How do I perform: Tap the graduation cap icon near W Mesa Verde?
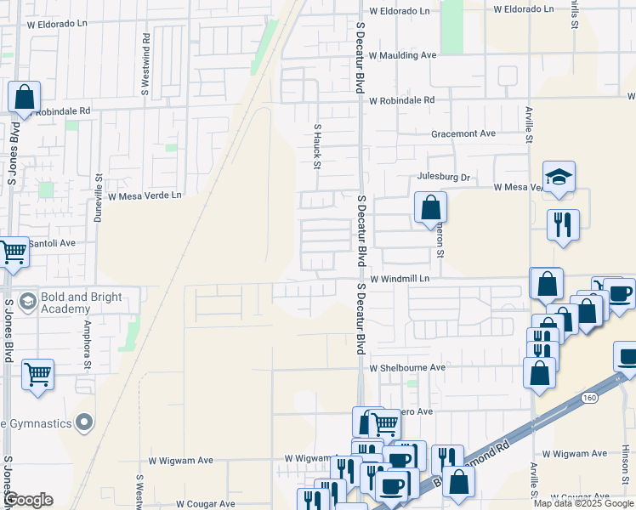pos(559,177)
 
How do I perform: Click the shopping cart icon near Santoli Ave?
pos(13,252)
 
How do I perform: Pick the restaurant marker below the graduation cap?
pos(563,225)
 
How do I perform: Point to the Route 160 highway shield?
pos(589,398)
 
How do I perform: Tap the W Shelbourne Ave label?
pos(407,368)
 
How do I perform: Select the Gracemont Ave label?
pos(463,133)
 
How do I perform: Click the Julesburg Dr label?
pos(443,178)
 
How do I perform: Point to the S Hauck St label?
pos(316,146)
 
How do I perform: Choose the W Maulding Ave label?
pos(402,55)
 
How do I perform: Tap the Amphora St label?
pos(86,333)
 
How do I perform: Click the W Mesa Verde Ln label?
pos(145,195)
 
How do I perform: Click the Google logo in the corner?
pos(27,500)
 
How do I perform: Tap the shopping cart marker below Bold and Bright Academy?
pos(37,374)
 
